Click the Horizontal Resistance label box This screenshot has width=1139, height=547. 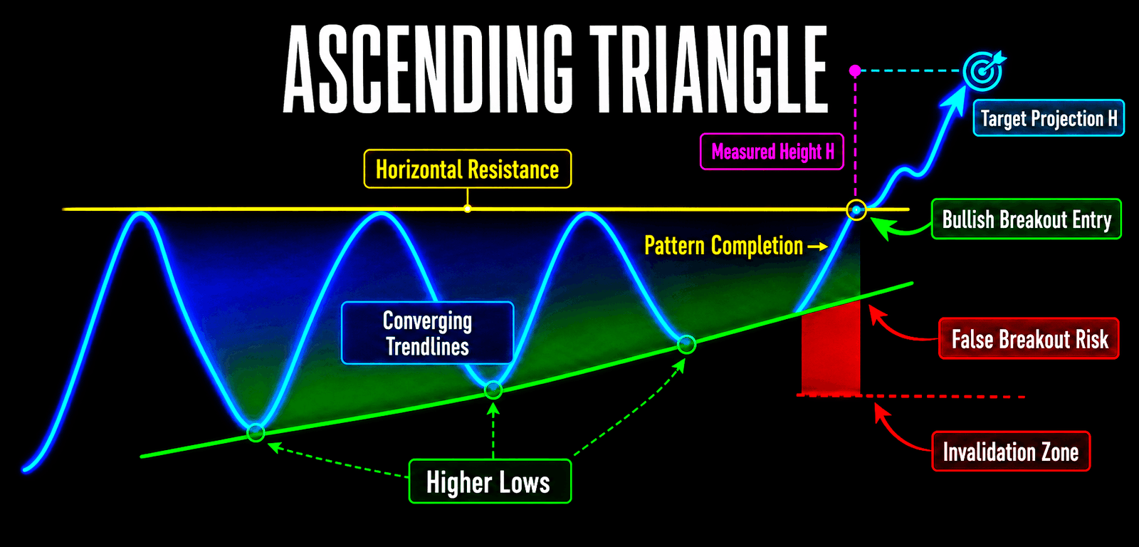(467, 169)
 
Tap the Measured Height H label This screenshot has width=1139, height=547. (772, 152)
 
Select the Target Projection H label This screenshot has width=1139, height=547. (1049, 118)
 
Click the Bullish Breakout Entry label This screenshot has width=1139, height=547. (1026, 219)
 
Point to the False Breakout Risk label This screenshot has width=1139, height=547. (1029, 339)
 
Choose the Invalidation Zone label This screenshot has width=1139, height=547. (1011, 452)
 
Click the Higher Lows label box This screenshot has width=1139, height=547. (490, 481)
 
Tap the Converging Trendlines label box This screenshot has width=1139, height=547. (427, 333)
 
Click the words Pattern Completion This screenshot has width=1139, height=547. (723, 246)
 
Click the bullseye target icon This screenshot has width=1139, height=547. (983, 71)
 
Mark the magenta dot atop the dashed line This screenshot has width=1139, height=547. (855, 71)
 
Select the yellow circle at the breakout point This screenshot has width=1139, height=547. (857, 209)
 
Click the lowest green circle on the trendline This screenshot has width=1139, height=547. (256, 432)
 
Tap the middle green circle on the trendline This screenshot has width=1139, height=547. (493, 390)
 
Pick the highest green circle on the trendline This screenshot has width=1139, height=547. (686, 345)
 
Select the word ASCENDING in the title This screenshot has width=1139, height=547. (428, 68)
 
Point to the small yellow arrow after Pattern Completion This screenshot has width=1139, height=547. (818, 246)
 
